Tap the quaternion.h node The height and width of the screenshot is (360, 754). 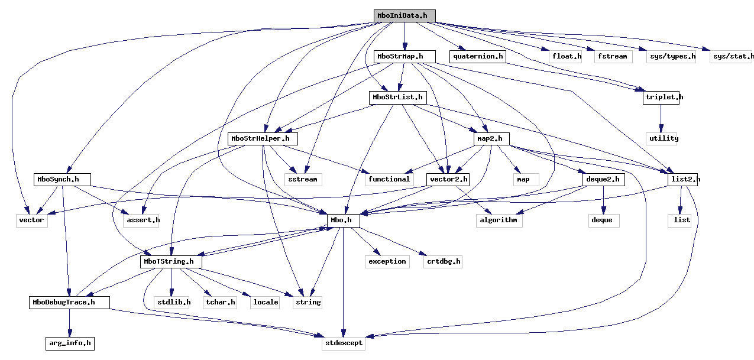pyautogui.click(x=478, y=57)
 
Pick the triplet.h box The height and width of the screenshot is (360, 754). pyautogui.click(x=661, y=98)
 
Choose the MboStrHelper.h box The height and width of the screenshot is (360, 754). pyautogui.click(x=263, y=139)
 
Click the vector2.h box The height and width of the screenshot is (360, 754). pyautogui.click(x=448, y=179)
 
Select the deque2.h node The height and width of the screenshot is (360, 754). pyautogui.click(x=603, y=179)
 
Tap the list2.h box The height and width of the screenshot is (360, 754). pyautogui.click(x=683, y=179)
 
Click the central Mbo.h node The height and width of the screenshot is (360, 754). pyautogui.click(x=343, y=220)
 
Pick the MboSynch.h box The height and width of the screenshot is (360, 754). pyautogui.click(x=62, y=179)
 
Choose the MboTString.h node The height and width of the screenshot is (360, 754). pyautogui.click(x=171, y=261)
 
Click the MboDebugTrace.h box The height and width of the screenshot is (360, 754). pyautogui.click(x=70, y=303)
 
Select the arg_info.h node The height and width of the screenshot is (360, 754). pyautogui.click(x=70, y=343)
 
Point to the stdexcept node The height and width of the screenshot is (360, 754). pyautogui.click(x=343, y=343)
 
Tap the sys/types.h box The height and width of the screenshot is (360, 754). pyautogui.click(x=671, y=57)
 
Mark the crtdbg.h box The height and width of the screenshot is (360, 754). pyautogui.click(x=443, y=261)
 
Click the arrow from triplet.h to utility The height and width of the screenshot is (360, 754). pyautogui.click(x=661, y=118)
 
